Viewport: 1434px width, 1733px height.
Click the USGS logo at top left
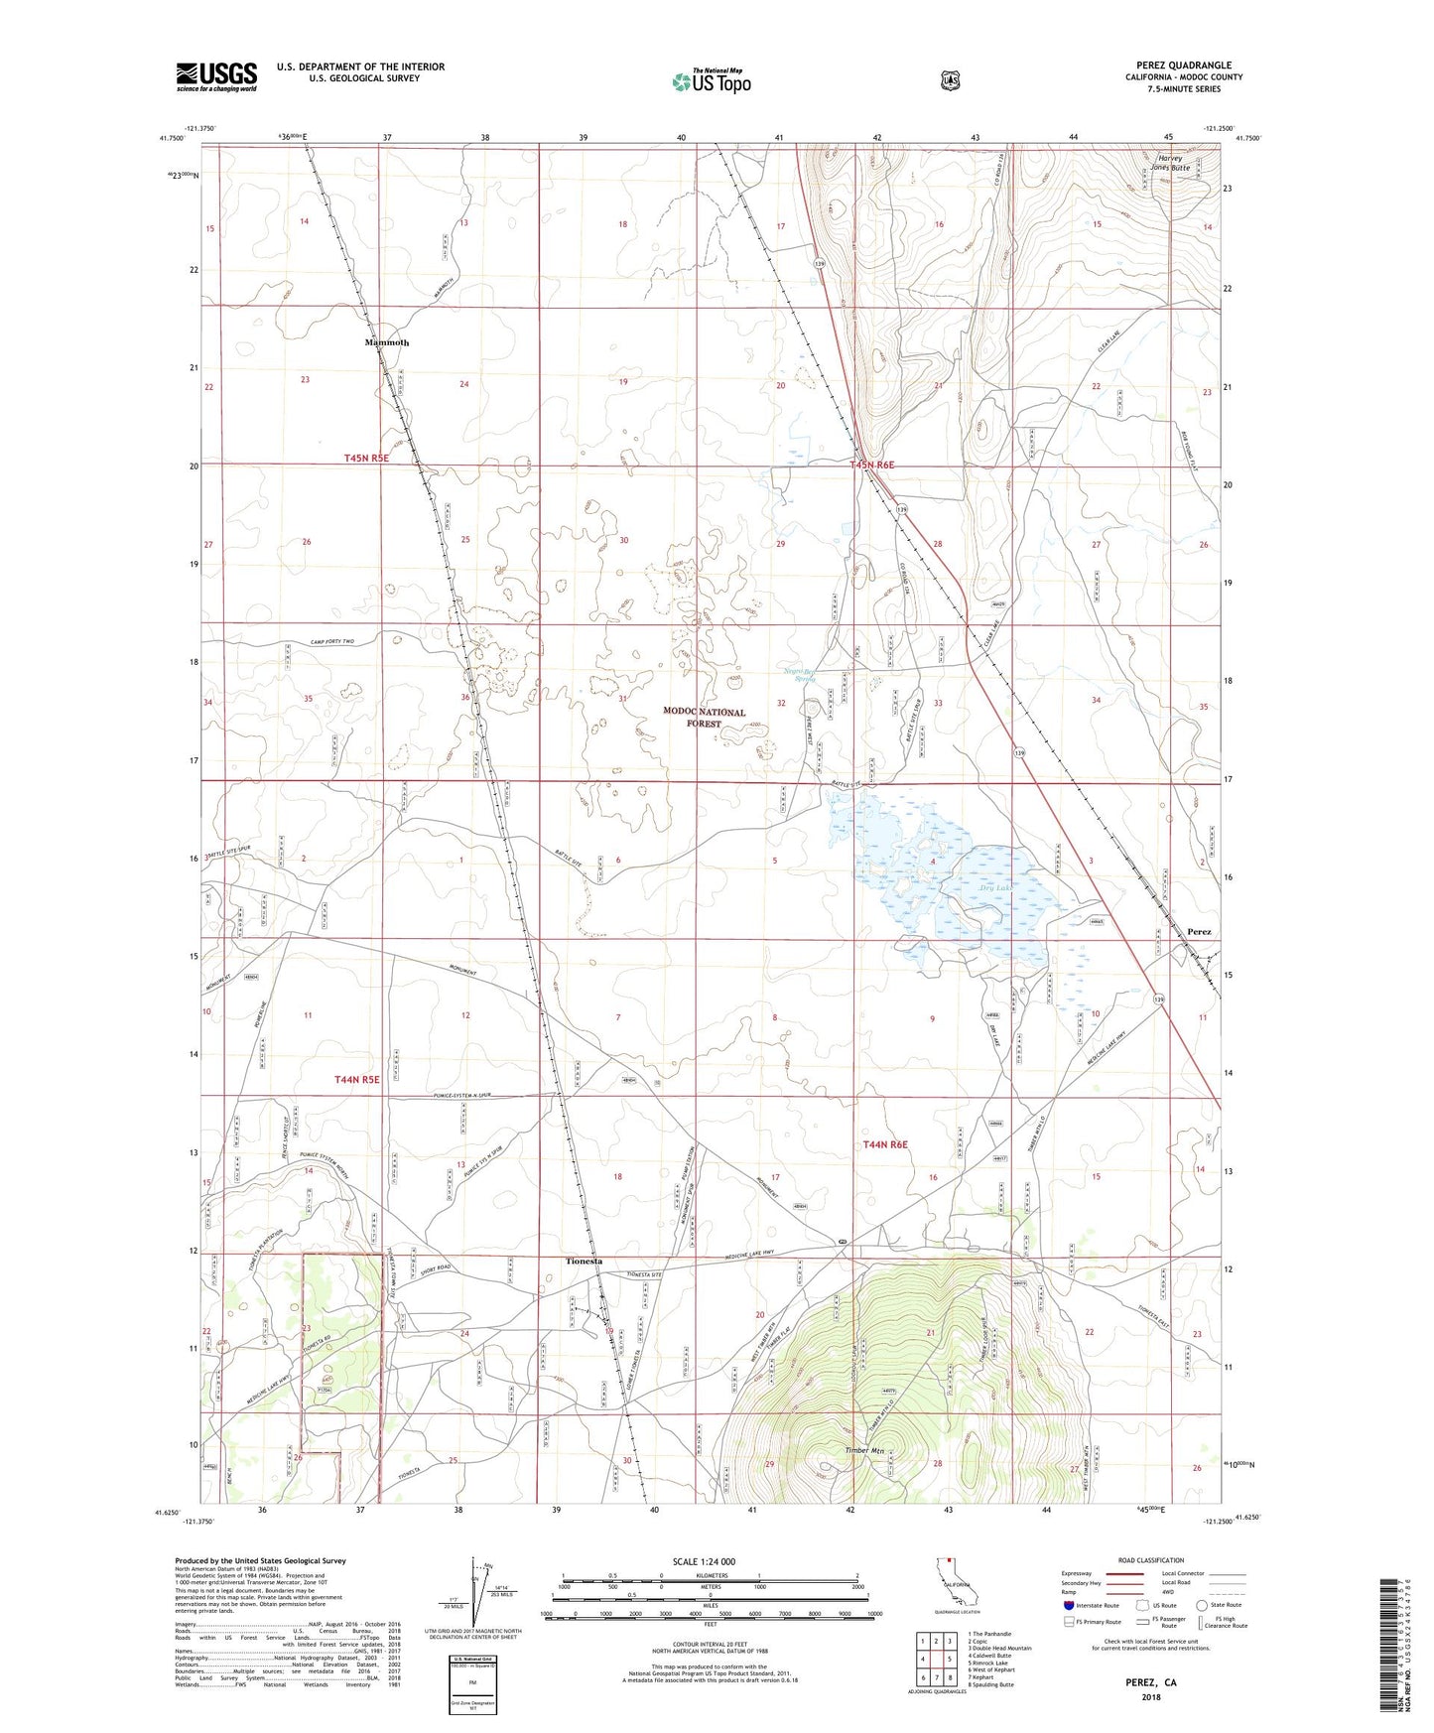coord(216,76)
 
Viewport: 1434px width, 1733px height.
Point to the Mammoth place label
coord(386,342)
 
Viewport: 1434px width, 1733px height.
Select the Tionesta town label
coord(584,1261)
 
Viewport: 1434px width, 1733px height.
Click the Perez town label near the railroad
coord(1199,932)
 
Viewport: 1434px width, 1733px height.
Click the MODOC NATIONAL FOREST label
coord(705,718)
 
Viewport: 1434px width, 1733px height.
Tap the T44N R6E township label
coord(885,1144)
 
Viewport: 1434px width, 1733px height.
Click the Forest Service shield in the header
coord(950,79)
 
